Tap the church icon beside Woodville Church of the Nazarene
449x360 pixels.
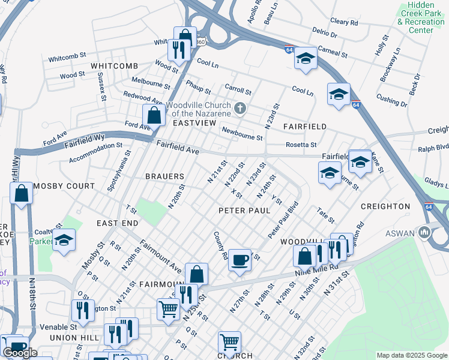tap(240, 109)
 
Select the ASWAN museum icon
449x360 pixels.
tap(425, 231)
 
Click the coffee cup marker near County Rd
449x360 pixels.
tap(240, 260)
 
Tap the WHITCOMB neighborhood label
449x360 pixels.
tap(114, 65)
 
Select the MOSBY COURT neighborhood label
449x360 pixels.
tap(64, 186)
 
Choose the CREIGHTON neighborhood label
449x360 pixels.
tap(385, 206)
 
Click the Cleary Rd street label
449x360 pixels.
tap(344, 22)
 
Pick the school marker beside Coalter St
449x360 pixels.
tap(64, 241)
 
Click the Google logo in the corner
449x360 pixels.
tap(20, 353)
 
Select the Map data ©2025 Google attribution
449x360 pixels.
tap(412, 355)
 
